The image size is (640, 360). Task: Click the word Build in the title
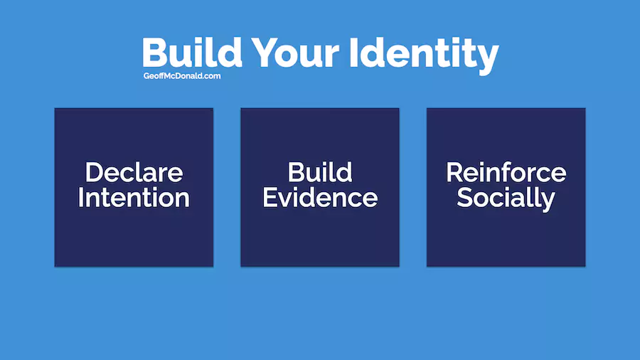[x=192, y=52]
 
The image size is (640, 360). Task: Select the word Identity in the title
[x=424, y=55]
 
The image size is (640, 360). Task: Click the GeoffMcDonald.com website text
[x=182, y=76]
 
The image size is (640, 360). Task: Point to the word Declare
[x=134, y=172]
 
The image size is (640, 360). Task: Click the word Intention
[x=134, y=198]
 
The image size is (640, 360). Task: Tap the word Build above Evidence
[x=320, y=172]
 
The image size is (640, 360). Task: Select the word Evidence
[x=320, y=198]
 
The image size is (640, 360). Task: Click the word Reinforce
[x=506, y=172]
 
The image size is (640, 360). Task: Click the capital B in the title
[x=154, y=53]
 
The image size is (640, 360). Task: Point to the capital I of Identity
[x=354, y=53]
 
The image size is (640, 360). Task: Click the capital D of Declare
[x=94, y=172]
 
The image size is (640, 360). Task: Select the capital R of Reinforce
[x=454, y=172]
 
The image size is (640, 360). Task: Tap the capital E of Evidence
[x=270, y=198]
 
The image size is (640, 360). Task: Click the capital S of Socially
[x=465, y=198]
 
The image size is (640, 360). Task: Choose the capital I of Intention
[x=80, y=198]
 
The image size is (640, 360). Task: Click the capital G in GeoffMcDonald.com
[x=146, y=76]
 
